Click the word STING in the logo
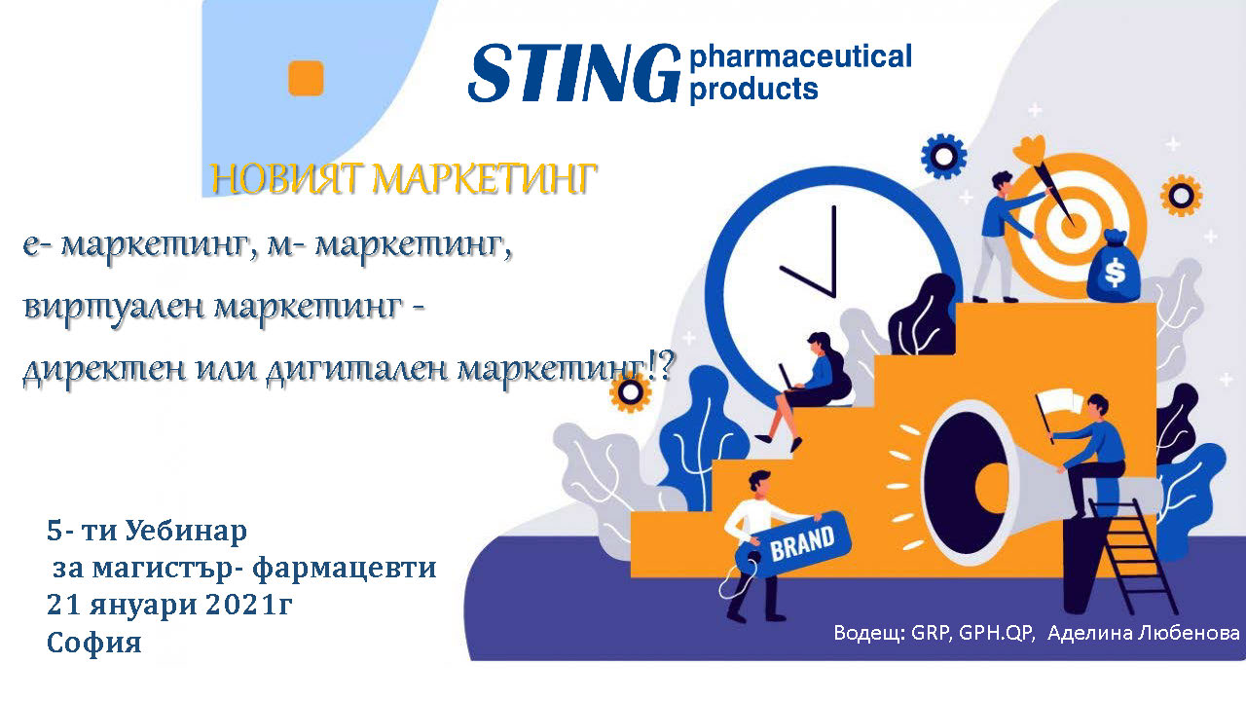coord(574,73)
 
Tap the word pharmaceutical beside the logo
coord(801,56)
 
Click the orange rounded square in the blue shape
coord(306,78)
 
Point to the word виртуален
coord(114,308)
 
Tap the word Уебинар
coord(186,532)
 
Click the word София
coord(94,643)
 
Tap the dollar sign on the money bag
coord(1115,274)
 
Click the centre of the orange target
coord(1069,225)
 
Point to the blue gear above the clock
coord(944,157)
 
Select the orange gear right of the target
coord(1181,196)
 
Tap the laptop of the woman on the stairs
coord(788,379)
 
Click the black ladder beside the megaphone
coord(1132,555)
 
